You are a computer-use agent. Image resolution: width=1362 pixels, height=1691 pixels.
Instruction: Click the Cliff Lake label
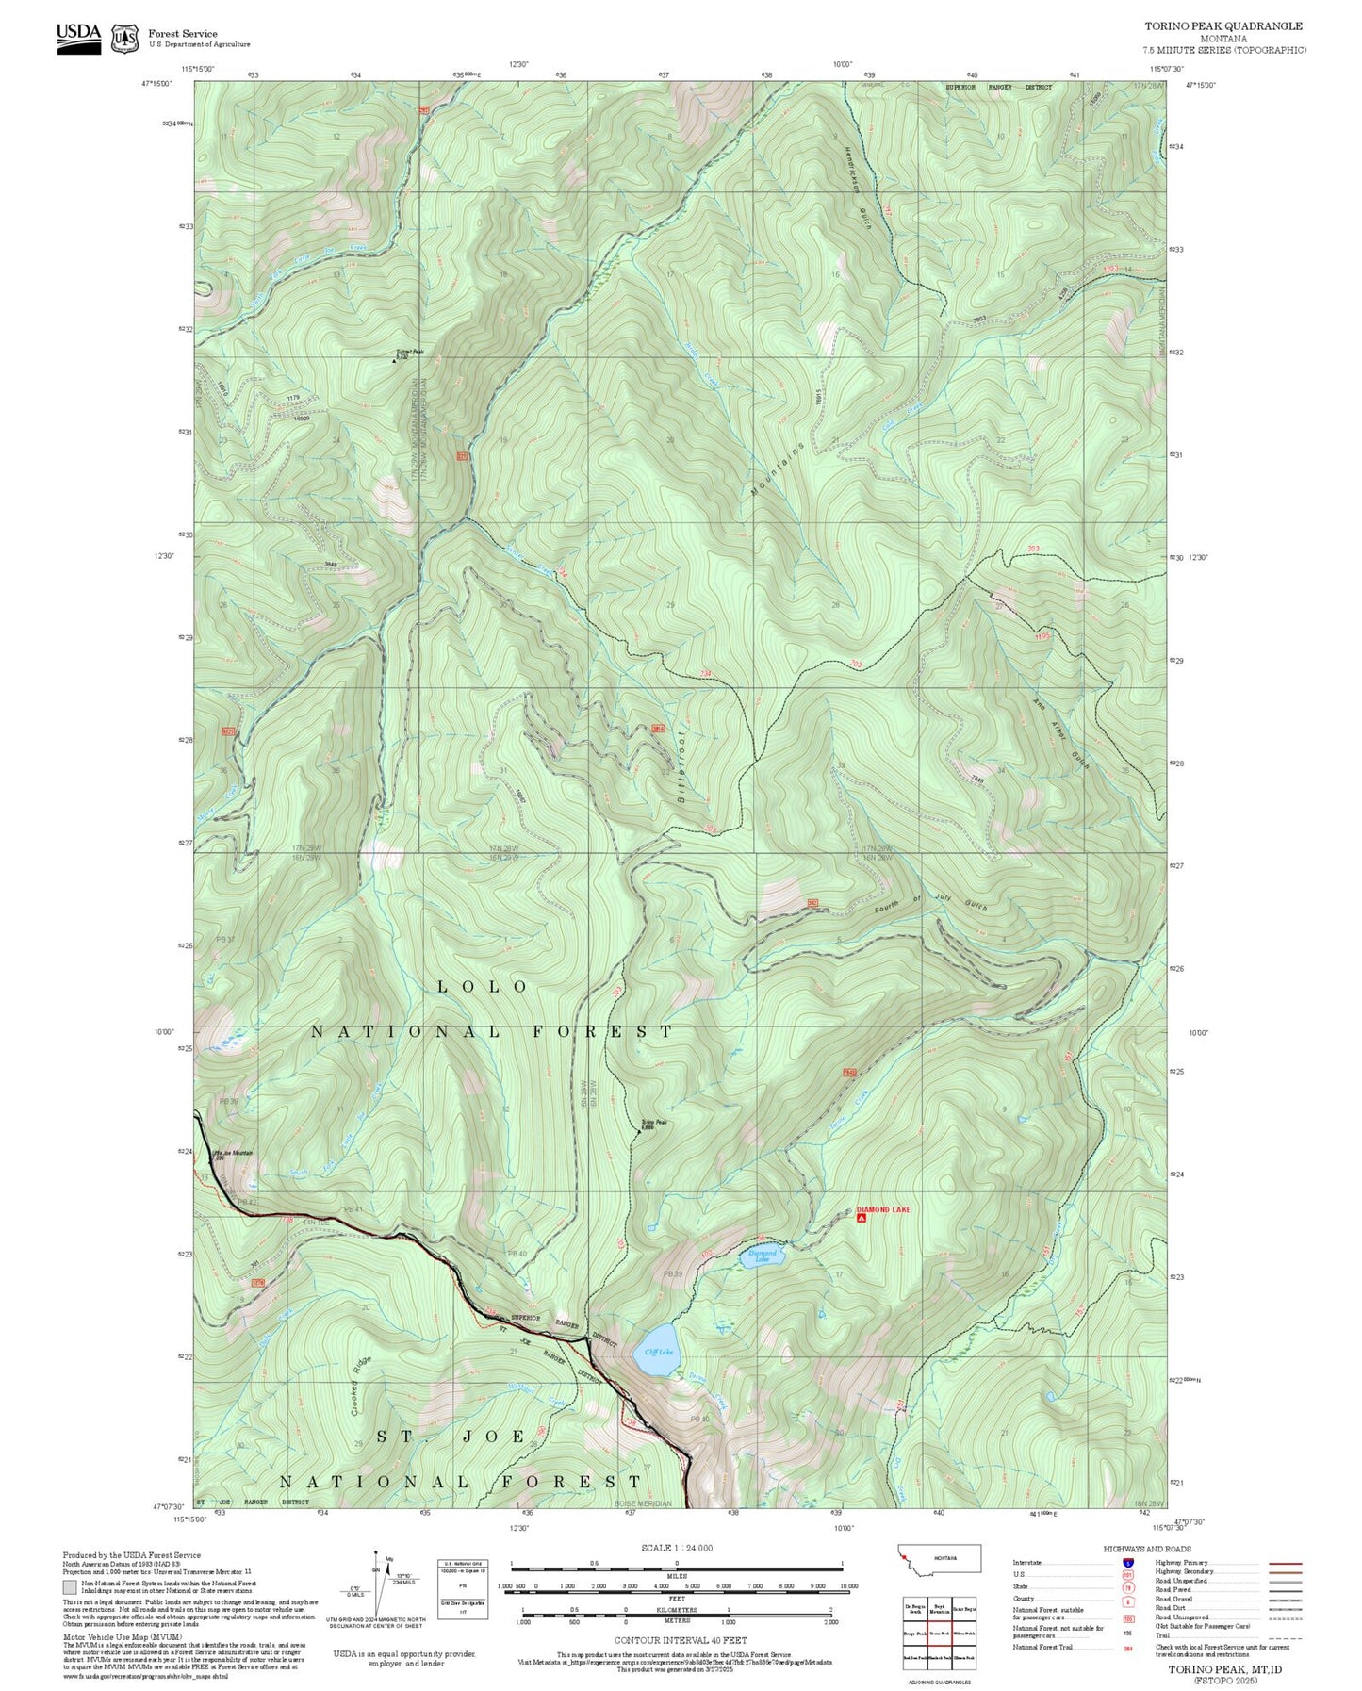(658, 1351)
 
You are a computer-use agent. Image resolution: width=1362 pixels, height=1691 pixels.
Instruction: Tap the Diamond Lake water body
(763, 1257)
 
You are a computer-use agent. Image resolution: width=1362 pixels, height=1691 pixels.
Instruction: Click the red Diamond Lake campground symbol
(862, 1218)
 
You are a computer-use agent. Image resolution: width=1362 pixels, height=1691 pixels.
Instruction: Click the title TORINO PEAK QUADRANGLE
(1223, 26)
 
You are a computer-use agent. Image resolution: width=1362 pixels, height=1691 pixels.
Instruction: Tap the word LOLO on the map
(484, 986)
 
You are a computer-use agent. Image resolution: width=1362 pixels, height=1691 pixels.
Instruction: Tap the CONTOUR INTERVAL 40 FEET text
(680, 1641)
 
